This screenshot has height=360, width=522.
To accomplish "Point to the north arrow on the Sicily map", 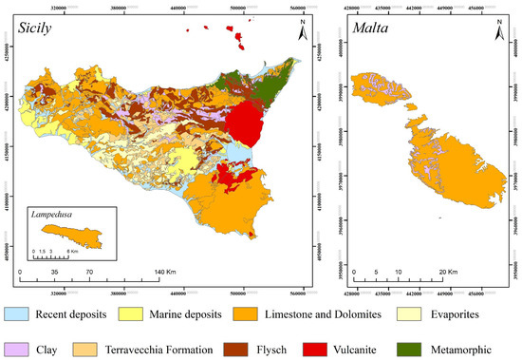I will pyautogui.click(x=302, y=30).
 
